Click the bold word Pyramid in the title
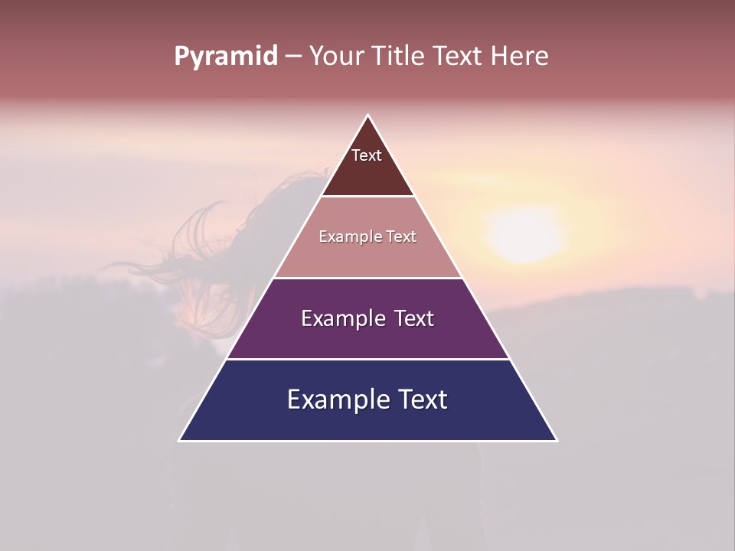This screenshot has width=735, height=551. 225,57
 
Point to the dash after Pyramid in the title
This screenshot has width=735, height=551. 293,57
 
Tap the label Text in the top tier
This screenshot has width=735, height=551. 367,155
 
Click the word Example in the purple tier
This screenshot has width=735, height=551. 341,318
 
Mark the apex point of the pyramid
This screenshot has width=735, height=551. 367,116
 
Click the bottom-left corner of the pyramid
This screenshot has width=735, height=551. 180,440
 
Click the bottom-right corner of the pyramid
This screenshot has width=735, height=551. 557,440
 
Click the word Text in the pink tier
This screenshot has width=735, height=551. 400,237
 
